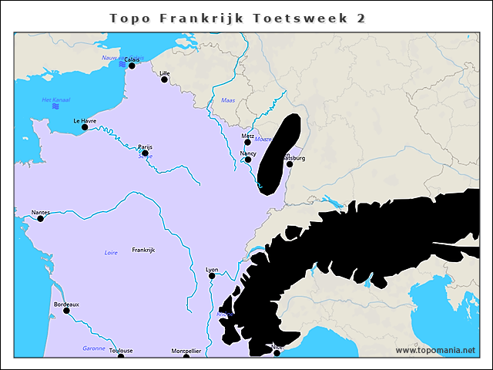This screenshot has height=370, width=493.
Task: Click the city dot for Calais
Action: tap(132, 66)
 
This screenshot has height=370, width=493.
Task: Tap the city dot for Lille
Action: tap(164, 79)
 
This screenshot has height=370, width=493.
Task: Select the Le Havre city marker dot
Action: tap(85, 127)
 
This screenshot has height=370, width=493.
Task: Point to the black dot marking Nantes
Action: tap(41, 219)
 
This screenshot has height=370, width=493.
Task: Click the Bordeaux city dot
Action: tap(66, 311)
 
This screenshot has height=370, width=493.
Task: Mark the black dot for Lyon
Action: tap(212, 276)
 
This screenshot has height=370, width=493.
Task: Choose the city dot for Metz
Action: tap(248, 142)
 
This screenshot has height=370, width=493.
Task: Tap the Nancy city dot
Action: tap(248, 160)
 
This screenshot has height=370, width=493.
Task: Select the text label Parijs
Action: tap(145, 146)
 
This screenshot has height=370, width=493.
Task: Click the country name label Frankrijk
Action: tap(143, 251)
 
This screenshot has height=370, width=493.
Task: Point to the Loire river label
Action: tap(111, 253)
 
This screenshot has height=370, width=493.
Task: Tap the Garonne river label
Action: tap(93, 348)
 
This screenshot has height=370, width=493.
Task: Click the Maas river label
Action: tap(228, 100)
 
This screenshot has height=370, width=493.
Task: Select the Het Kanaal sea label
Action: tap(56, 100)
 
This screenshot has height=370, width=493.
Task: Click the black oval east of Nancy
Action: tap(278, 154)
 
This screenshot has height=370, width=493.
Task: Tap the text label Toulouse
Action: tap(121, 351)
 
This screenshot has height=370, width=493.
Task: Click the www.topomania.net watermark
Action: tap(435, 350)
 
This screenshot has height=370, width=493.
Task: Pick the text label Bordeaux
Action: tap(66, 304)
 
